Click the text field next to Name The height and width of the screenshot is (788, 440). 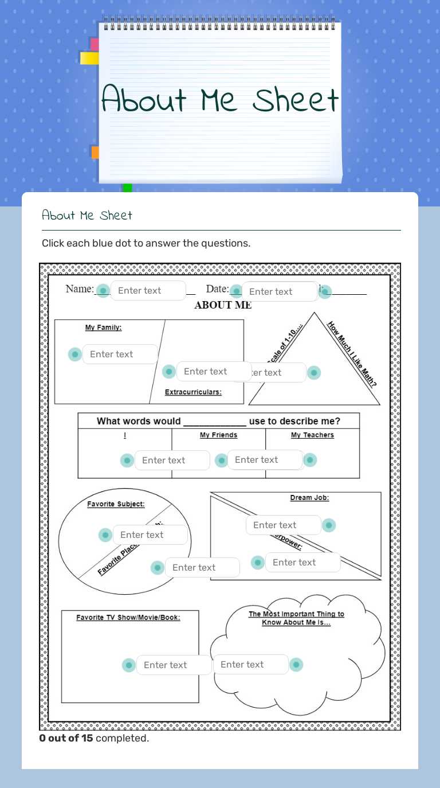[148, 291]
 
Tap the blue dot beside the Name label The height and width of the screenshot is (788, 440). [103, 291]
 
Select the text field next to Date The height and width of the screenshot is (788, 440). [279, 291]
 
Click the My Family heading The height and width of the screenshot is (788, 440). [103, 327]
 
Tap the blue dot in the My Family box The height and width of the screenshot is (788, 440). [75, 354]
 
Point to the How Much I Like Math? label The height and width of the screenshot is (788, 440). [352, 354]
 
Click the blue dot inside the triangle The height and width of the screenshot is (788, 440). [313, 373]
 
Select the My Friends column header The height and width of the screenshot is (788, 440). [218, 435]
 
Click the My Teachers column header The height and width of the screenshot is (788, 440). [312, 435]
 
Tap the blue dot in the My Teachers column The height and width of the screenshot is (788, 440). [310, 460]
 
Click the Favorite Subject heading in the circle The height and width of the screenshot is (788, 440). [116, 505]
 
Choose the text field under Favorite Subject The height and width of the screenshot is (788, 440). [150, 535]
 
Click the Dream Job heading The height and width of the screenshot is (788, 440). [309, 498]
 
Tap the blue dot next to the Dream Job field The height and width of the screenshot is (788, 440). [328, 525]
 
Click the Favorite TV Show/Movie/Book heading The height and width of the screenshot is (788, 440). [128, 618]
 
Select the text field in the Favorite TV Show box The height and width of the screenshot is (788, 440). [174, 665]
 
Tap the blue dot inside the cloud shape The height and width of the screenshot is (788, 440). [296, 665]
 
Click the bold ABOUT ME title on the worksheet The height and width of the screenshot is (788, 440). [223, 305]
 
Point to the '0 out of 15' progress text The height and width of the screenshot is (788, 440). [66, 738]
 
